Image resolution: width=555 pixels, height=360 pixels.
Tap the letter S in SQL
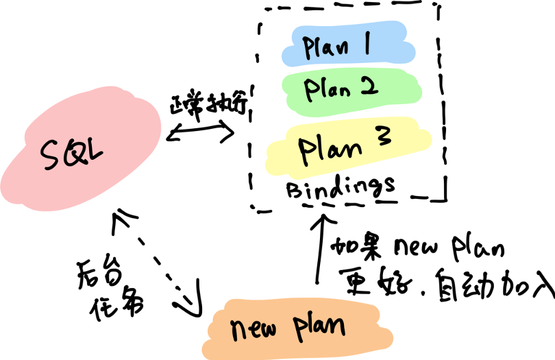[51, 156]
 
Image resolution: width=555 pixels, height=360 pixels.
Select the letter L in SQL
[93, 152]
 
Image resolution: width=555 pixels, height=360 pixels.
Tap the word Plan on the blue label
[326, 48]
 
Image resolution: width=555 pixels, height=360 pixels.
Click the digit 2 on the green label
[368, 86]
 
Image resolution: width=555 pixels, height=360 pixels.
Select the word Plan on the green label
[328, 89]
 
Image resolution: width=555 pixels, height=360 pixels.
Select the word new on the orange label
[253, 331]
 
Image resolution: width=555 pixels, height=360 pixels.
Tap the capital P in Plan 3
[306, 149]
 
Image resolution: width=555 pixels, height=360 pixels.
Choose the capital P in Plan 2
[310, 90]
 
